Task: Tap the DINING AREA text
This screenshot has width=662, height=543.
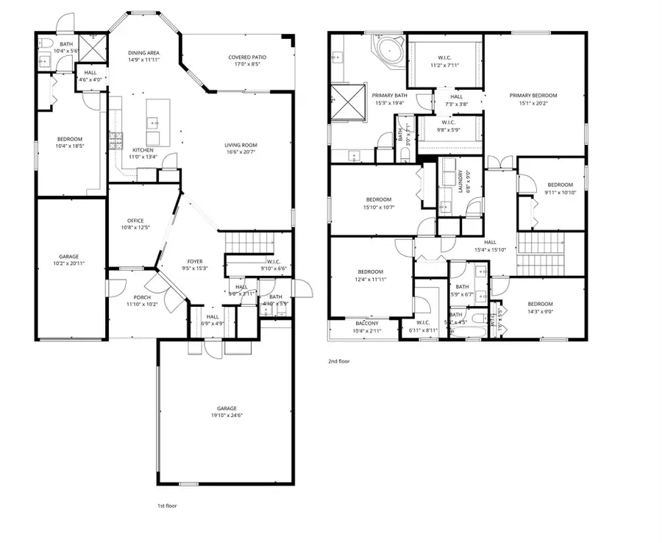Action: (143, 53)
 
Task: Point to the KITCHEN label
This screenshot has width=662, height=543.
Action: (143, 149)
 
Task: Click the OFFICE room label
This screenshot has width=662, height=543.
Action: (135, 220)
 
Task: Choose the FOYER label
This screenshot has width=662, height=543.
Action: (194, 260)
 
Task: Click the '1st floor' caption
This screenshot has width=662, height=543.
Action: (167, 505)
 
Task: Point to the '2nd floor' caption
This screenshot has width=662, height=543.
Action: (338, 361)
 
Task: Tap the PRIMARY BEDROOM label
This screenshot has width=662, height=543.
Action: (533, 96)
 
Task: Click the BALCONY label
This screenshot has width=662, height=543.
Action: (367, 324)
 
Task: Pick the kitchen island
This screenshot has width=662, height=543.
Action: (153, 121)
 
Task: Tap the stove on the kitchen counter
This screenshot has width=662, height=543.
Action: (115, 139)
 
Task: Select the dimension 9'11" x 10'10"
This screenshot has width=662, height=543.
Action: (559, 192)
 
